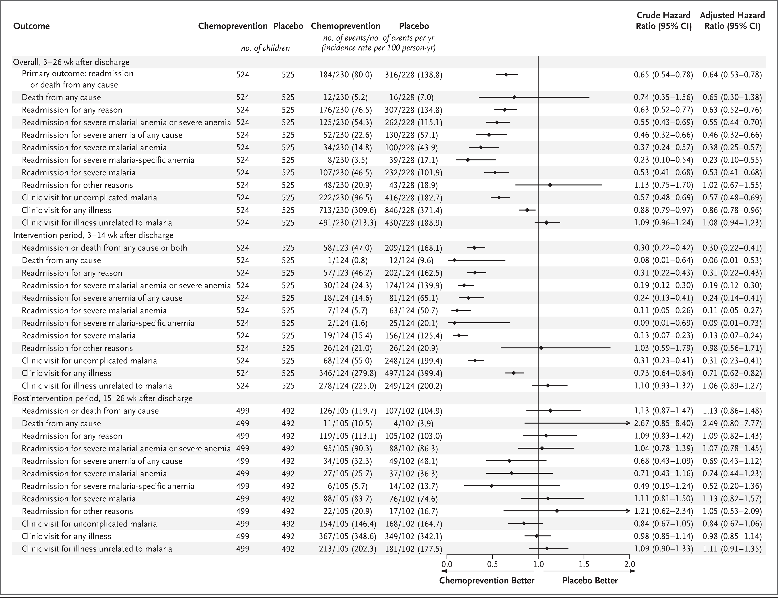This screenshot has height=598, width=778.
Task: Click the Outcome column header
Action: [31, 26]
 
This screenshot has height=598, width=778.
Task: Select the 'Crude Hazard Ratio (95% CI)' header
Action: [664, 21]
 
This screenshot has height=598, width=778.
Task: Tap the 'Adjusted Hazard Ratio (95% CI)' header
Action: [732, 21]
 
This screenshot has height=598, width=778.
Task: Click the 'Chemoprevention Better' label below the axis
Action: [487, 581]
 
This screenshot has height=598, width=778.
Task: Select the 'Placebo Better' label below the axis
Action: [590, 581]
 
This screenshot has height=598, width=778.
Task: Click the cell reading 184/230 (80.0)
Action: [345, 75]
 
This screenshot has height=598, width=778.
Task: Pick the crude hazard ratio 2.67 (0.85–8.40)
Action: [664, 423]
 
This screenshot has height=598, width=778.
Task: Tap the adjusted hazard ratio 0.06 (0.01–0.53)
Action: [732, 260]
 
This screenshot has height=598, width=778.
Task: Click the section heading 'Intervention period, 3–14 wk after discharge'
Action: [93, 235]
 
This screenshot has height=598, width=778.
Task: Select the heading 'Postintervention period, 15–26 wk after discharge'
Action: [103, 398]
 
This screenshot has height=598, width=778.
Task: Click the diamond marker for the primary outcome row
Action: [506, 75]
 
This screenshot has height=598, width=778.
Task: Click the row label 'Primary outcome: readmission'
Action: [78, 74]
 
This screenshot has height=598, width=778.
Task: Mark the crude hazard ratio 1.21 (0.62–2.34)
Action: [664, 511]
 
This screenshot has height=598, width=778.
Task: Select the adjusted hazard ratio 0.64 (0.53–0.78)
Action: [732, 75]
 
